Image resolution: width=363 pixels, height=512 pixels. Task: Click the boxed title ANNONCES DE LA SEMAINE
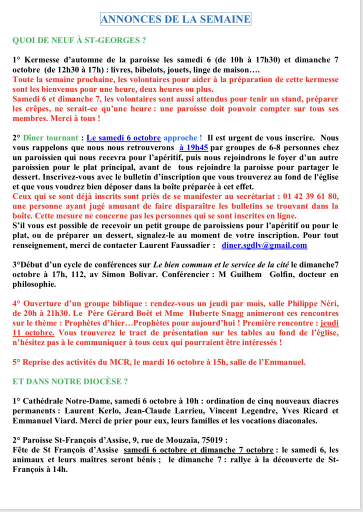pyautogui.click(x=175, y=19)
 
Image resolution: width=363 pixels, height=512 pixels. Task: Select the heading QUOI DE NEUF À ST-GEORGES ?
pyautogui.click(x=79, y=40)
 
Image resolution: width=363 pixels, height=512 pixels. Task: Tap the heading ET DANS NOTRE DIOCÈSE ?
pyautogui.click(x=70, y=381)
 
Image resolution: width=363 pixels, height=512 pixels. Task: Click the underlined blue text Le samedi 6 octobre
pyautogui.click(x=123, y=138)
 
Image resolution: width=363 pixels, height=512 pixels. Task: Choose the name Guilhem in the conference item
pyautogui.click(x=253, y=275)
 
